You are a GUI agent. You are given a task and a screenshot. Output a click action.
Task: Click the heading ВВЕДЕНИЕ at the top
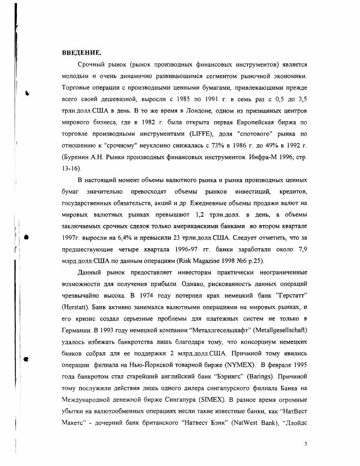[x=81, y=53]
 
